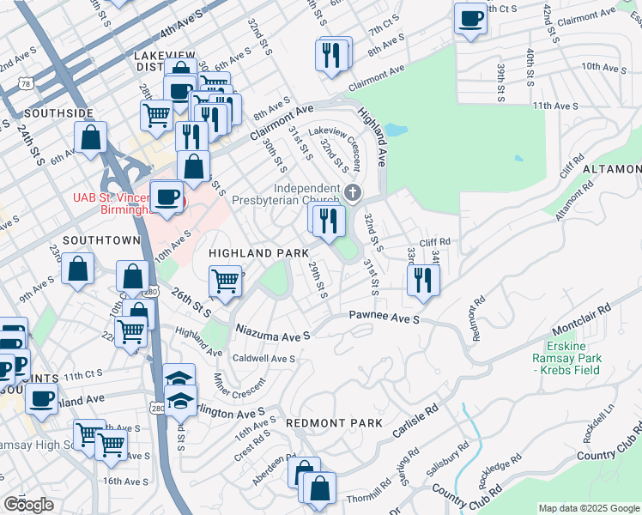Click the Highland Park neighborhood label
click(x=258, y=254)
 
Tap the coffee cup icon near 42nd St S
click(x=469, y=19)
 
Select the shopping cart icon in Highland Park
click(x=225, y=279)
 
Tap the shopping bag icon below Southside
click(x=90, y=136)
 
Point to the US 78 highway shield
click(x=27, y=83)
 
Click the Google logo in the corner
click(x=28, y=505)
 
